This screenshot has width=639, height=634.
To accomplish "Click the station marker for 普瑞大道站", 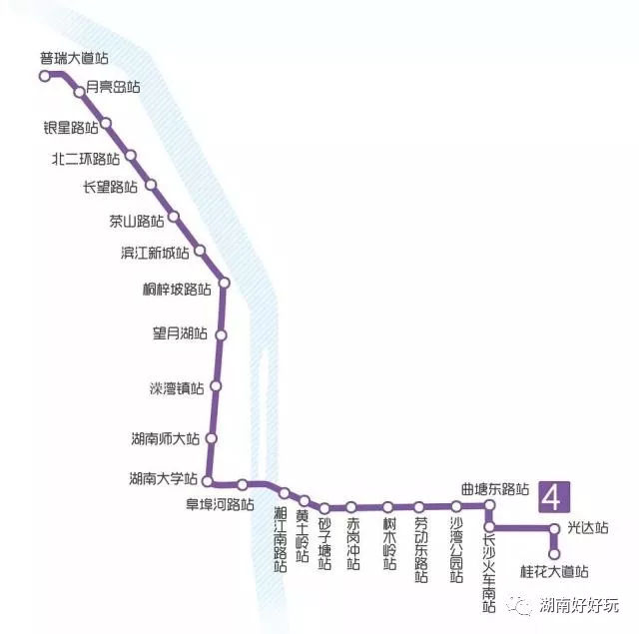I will click(x=45, y=75).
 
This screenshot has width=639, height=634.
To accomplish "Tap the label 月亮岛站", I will click(x=113, y=88).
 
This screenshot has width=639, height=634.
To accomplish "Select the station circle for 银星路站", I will click(x=106, y=124).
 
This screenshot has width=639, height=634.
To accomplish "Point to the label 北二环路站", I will click(x=86, y=158).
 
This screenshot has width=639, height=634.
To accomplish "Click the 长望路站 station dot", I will click(x=152, y=185).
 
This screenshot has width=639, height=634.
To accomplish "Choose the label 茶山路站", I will click(x=136, y=221).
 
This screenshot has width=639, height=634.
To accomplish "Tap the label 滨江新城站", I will click(x=154, y=253).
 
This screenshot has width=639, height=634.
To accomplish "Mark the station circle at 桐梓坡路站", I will click(x=224, y=283).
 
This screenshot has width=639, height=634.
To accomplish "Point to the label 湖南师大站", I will click(x=165, y=438).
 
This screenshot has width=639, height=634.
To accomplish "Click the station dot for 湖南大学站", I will click(x=208, y=479).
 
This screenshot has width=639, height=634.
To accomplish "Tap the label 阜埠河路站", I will click(x=221, y=503).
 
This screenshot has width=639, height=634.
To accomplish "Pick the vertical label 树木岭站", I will click(x=389, y=543).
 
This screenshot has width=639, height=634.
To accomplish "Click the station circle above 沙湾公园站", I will click(x=456, y=506).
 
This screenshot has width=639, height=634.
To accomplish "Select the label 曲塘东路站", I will click(x=494, y=489).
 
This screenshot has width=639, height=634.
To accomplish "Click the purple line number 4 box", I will click(x=554, y=495).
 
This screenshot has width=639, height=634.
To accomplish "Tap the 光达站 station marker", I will click(x=554, y=528).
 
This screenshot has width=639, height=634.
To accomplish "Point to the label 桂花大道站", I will click(x=554, y=572).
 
